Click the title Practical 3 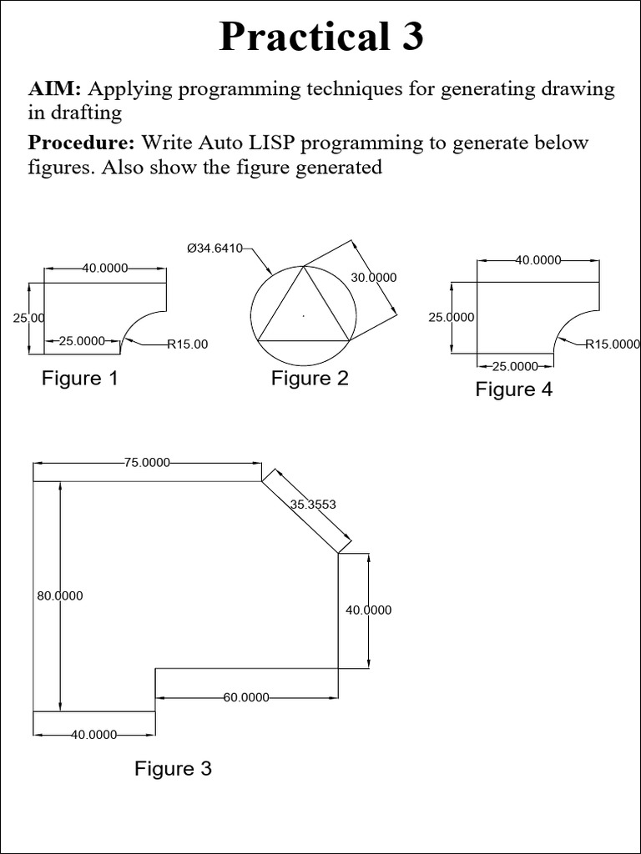320,38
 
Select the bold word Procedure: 82,143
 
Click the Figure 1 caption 80,379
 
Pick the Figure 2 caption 310,379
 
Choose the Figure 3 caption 173,768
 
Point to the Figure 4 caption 514,389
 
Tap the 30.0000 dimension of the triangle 373,278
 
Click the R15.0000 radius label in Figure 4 612,344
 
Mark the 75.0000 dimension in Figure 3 147,463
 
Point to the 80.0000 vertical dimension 59,595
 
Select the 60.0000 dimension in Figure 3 246,697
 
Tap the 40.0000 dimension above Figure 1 105,268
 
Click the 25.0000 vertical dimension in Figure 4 452,317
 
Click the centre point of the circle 304,316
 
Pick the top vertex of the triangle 304,267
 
